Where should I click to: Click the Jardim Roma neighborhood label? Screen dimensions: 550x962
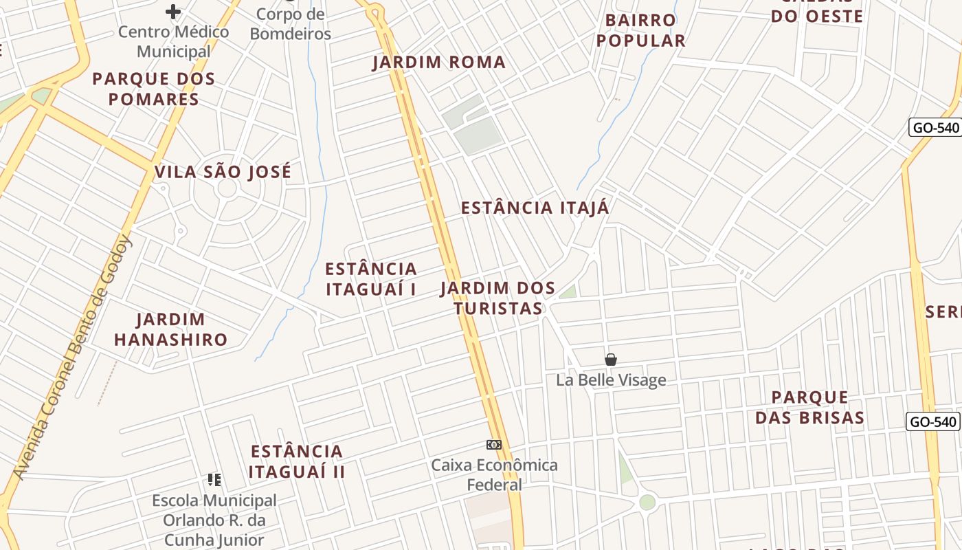coord(438,62)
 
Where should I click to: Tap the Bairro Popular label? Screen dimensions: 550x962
coord(640,30)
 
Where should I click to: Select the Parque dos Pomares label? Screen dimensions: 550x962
coord(154,89)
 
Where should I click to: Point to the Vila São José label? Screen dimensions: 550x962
coord(223,172)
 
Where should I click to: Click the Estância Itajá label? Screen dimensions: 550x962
coord(535,208)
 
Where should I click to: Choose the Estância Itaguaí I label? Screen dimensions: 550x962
coord(371,278)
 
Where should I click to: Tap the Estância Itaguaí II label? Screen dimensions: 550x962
coord(297,461)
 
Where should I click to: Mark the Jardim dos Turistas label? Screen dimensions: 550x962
coord(498,298)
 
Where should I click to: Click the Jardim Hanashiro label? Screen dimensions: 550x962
coord(170,329)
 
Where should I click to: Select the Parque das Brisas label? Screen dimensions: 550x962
coord(809,407)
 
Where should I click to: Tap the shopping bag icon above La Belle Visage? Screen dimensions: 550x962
coord(610,359)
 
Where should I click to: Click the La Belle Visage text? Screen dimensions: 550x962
coord(611,379)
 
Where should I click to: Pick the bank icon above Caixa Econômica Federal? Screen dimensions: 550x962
coord(493,445)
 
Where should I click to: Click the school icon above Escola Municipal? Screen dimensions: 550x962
coord(214,479)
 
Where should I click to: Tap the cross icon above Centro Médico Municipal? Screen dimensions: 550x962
coord(173,11)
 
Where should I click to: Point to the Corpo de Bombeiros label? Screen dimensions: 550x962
coord(290,23)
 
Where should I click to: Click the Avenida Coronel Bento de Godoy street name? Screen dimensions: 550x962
coord(71,357)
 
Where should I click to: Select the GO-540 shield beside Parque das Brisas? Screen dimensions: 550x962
coord(932,421)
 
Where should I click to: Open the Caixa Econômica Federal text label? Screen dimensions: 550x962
coord(494,474)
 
